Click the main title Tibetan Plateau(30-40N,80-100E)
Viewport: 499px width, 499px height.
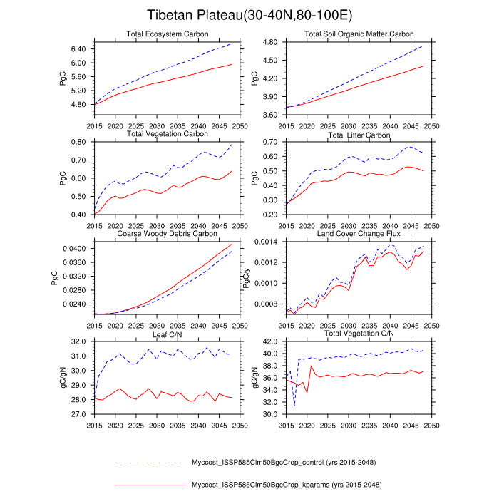pos(249,15)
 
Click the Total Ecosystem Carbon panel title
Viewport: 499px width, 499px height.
pos(167,34)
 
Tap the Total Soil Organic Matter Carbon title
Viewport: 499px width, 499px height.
pos(359,34)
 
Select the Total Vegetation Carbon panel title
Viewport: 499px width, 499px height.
pos(167,133)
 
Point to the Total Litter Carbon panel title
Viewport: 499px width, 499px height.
pos(359,133)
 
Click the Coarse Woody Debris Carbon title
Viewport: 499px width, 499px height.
pos(167,233)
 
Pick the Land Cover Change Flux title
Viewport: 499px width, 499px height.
pos(359,233)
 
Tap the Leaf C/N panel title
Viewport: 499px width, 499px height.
pos(167,333)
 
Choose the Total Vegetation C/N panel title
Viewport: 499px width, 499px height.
pos(359,333)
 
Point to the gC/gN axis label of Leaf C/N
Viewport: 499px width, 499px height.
pos(63,378)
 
